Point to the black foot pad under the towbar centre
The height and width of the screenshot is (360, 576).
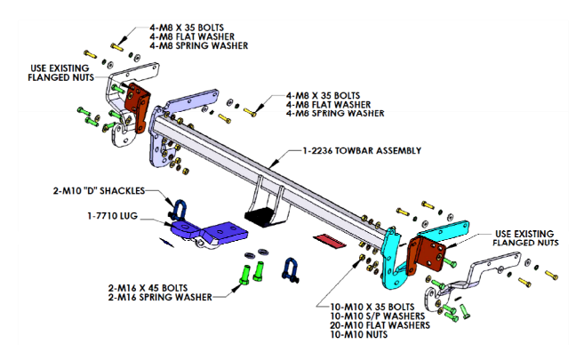point(259,214)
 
